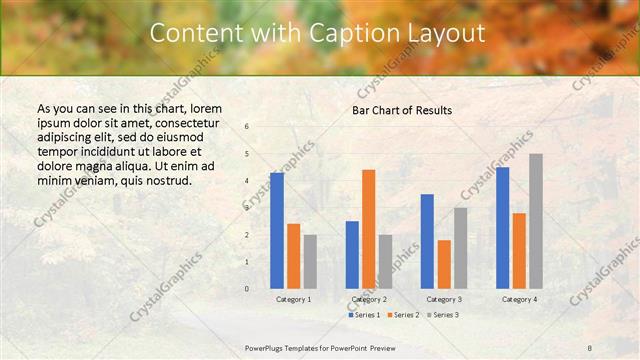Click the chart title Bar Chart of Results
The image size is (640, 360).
point(402,109)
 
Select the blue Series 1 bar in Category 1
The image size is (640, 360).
point(277,230)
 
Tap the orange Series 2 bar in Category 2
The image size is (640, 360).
point(368,228)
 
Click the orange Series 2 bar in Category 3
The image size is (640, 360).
point(444,263)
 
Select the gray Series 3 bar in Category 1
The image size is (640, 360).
point(310,261)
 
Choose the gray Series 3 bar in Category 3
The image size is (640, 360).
point(460,247)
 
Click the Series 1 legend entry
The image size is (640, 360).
point(363,315)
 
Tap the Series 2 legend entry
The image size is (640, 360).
point(402,315)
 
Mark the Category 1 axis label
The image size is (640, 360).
point(293,299)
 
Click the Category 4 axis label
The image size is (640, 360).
point(519,299)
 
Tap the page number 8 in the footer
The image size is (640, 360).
point(590,347)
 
